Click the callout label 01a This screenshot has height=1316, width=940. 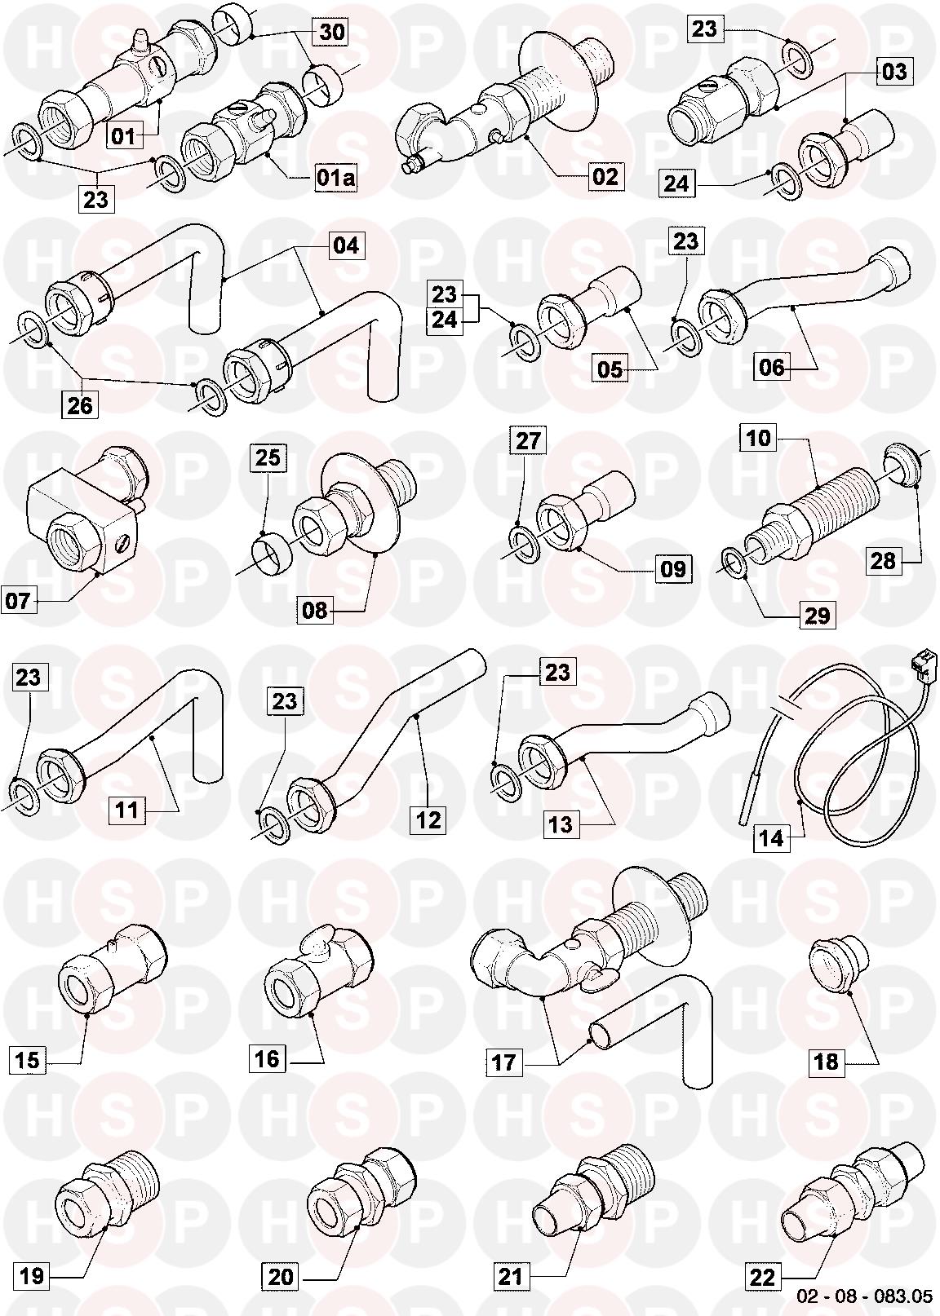[x=335, y=178]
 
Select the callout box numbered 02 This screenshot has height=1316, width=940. [x=605, y=177]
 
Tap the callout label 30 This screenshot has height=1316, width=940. [x=332, y=31]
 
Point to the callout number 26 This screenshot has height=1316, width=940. [x=79, y=404]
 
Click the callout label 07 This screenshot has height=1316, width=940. [x=18, y=601]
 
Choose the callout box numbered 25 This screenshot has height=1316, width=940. [x=268, y=457]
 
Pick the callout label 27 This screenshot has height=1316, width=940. [x=527, y=440]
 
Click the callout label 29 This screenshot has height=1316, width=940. [x=817, y=616]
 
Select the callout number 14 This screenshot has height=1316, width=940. [x=771, y=838]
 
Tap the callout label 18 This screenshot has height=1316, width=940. [x=826, y=1062]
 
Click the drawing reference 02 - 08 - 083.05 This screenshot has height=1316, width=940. [x=865, y=1296]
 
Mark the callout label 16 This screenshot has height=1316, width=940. [x=266, y=1058]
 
